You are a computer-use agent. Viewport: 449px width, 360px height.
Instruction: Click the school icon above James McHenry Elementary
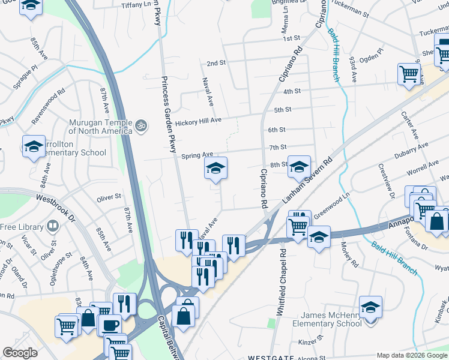click(371, 307)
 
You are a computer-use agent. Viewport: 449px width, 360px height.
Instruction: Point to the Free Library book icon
click(53, 227)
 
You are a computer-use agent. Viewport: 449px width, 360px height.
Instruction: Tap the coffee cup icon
click(109, 325)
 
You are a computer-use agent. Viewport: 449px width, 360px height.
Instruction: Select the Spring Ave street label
click(197, 155)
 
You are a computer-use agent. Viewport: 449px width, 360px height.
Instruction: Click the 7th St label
click(278, 147)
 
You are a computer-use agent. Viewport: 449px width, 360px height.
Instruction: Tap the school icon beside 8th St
click(298, 167)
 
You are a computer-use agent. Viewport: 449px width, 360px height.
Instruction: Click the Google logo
click(20, 353)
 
